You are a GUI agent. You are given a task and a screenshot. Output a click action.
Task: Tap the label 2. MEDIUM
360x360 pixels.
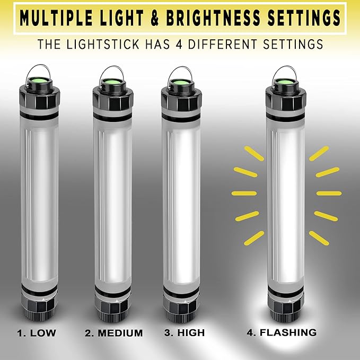pyautogui.click(x=113, y=333)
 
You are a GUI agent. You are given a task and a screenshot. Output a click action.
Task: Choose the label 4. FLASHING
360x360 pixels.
pyautogui.click(x=282, y=333)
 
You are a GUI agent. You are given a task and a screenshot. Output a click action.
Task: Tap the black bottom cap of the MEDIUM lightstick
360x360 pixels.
pyautogui.click(x=113, y=310)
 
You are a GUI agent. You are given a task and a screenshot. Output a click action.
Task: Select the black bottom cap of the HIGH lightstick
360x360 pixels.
pyautogui.click(x=182, y=310)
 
